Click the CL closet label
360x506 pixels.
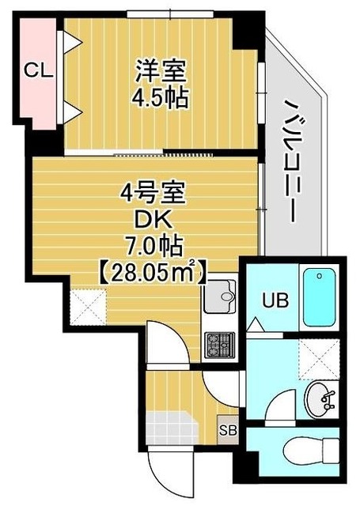[37, 70]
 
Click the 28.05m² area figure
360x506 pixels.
[153, 274]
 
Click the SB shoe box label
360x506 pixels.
[228, 431]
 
